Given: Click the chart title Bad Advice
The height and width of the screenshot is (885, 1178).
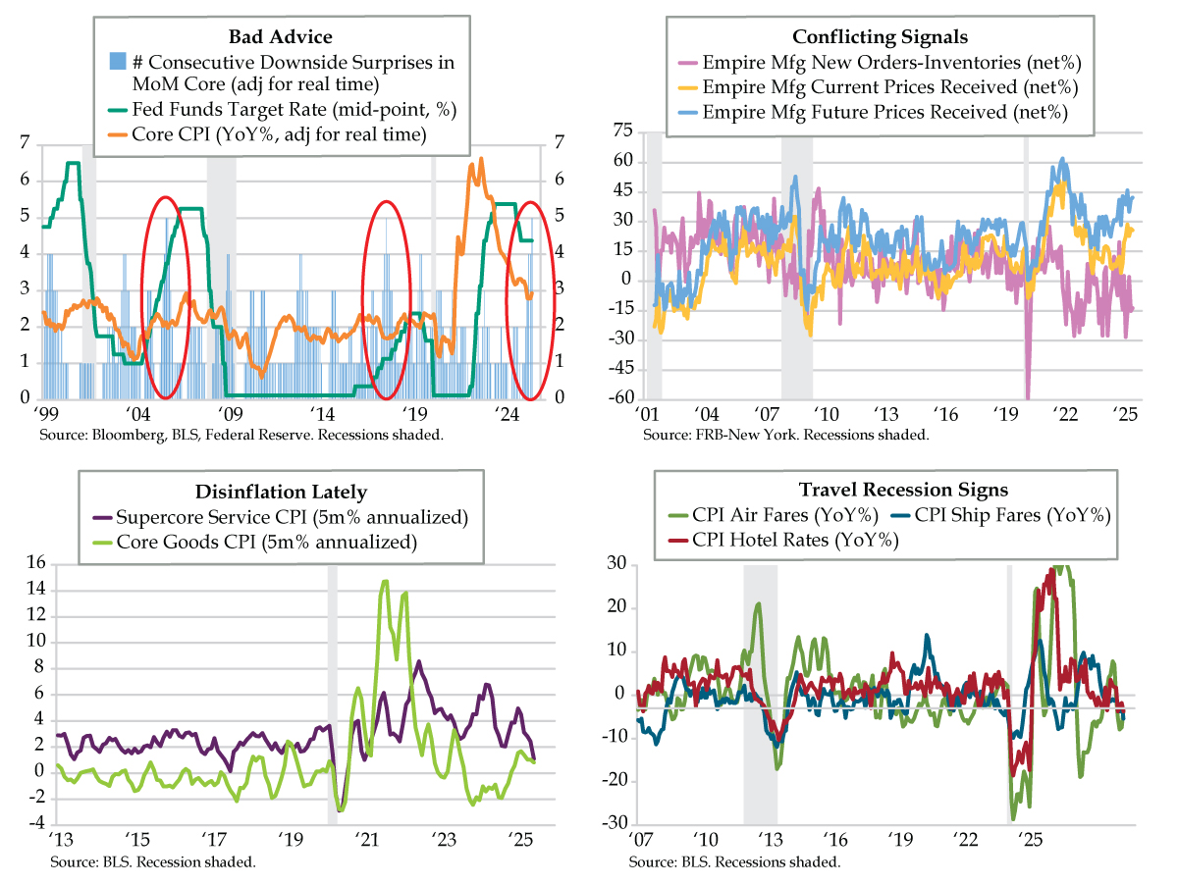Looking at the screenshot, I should [x=280, y=37].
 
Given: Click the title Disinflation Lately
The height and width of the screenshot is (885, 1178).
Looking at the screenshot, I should [x=282, y=492].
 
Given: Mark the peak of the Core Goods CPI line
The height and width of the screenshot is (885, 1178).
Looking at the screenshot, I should [x=385, y=581].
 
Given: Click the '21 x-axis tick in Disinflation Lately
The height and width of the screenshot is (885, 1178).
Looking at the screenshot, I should [x=366, y=841].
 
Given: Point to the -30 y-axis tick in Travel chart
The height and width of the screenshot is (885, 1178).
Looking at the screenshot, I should [x=616, y=823].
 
